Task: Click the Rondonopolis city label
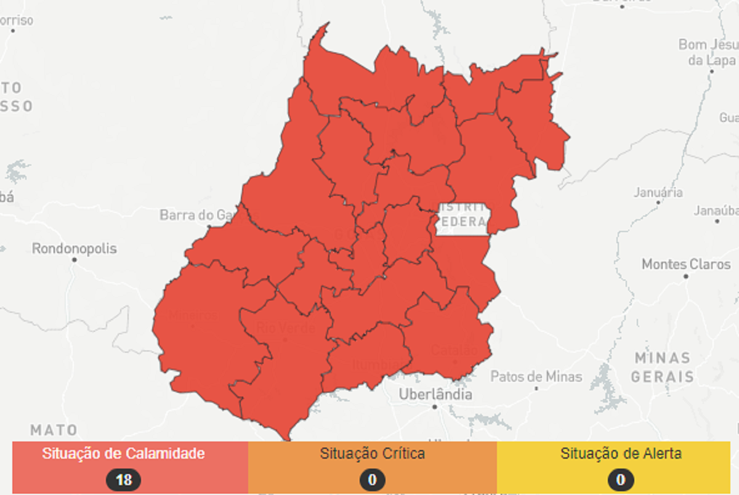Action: point(75,249)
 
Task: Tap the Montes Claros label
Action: point(686,264)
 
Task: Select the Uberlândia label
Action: point(435,394)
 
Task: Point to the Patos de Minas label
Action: point(536,376)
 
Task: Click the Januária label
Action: point(658,192)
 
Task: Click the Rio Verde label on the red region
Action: point(286,327)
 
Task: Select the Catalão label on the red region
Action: point(454,350)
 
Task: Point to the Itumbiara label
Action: point(375,364)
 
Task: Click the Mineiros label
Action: point(193,316)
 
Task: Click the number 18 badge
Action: point(123,479)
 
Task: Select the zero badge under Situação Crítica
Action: point(372,479)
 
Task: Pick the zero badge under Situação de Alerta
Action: point(620,479)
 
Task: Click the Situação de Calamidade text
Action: point(123,454)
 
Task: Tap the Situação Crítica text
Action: point(372,454)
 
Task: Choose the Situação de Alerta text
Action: point(620,454)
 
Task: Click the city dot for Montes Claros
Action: point(686,276)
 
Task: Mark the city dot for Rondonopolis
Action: point(75,260)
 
